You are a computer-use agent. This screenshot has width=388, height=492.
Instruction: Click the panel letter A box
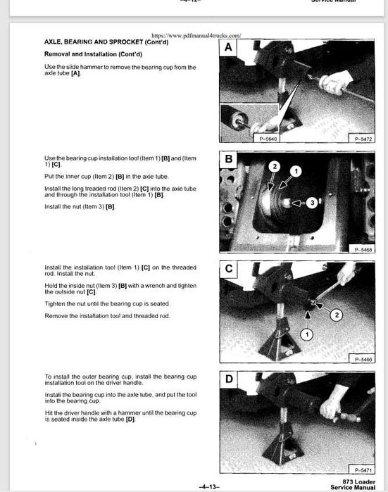point(229,48)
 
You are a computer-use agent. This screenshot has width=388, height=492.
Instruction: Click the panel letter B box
point(229,160)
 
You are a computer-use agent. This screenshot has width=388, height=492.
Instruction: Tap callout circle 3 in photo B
point(312,203)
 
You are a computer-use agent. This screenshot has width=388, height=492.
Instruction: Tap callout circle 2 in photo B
point(276,166)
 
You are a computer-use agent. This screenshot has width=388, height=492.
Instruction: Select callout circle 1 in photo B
point(296,171)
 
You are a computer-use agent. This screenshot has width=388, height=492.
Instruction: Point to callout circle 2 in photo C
point(337,315)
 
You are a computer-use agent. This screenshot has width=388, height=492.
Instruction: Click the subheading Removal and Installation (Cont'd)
point(86,53)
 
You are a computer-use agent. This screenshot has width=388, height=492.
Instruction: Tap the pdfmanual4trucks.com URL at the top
point(196,34)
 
